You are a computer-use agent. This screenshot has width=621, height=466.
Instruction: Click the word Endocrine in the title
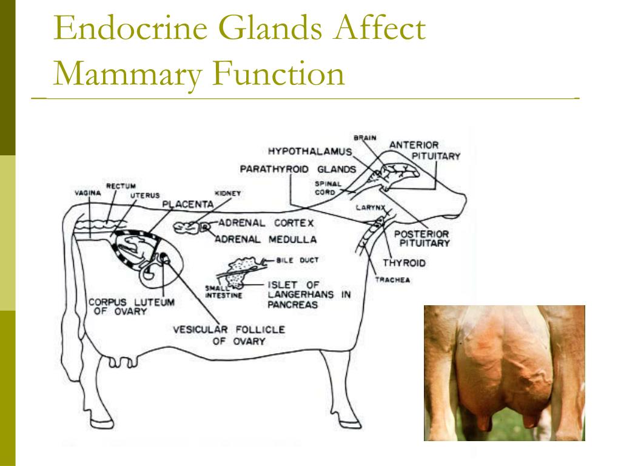tap(131, 28)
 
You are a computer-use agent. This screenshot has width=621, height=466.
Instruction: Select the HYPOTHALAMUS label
tap(310, 151)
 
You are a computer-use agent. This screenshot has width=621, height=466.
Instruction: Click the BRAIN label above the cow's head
tap(364, 138)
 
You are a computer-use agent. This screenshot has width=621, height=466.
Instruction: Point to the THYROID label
tap(404, 263)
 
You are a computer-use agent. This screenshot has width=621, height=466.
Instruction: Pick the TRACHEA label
tap(392, 280)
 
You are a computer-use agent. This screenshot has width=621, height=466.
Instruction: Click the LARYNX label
tap(371, 208)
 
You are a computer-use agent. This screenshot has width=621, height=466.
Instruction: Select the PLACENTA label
tap(188, 204)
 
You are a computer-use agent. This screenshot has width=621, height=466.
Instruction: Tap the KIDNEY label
tap(228, 194)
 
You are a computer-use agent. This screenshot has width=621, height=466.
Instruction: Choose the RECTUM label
tap(121, 186)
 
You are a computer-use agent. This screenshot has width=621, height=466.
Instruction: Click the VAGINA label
tap(88, 193)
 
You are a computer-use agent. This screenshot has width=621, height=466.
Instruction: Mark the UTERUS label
tap(145, 195)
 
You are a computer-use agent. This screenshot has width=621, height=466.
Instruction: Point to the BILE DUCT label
tap(297, 260)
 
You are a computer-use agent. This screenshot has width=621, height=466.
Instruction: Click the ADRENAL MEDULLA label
tap(266, 240)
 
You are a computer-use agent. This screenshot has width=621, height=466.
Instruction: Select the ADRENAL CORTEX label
tap(266, 223)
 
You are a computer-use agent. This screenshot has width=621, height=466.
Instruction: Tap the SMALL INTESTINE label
tap(223, 292)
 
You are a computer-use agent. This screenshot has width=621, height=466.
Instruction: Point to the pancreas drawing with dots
tap(240, 271)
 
